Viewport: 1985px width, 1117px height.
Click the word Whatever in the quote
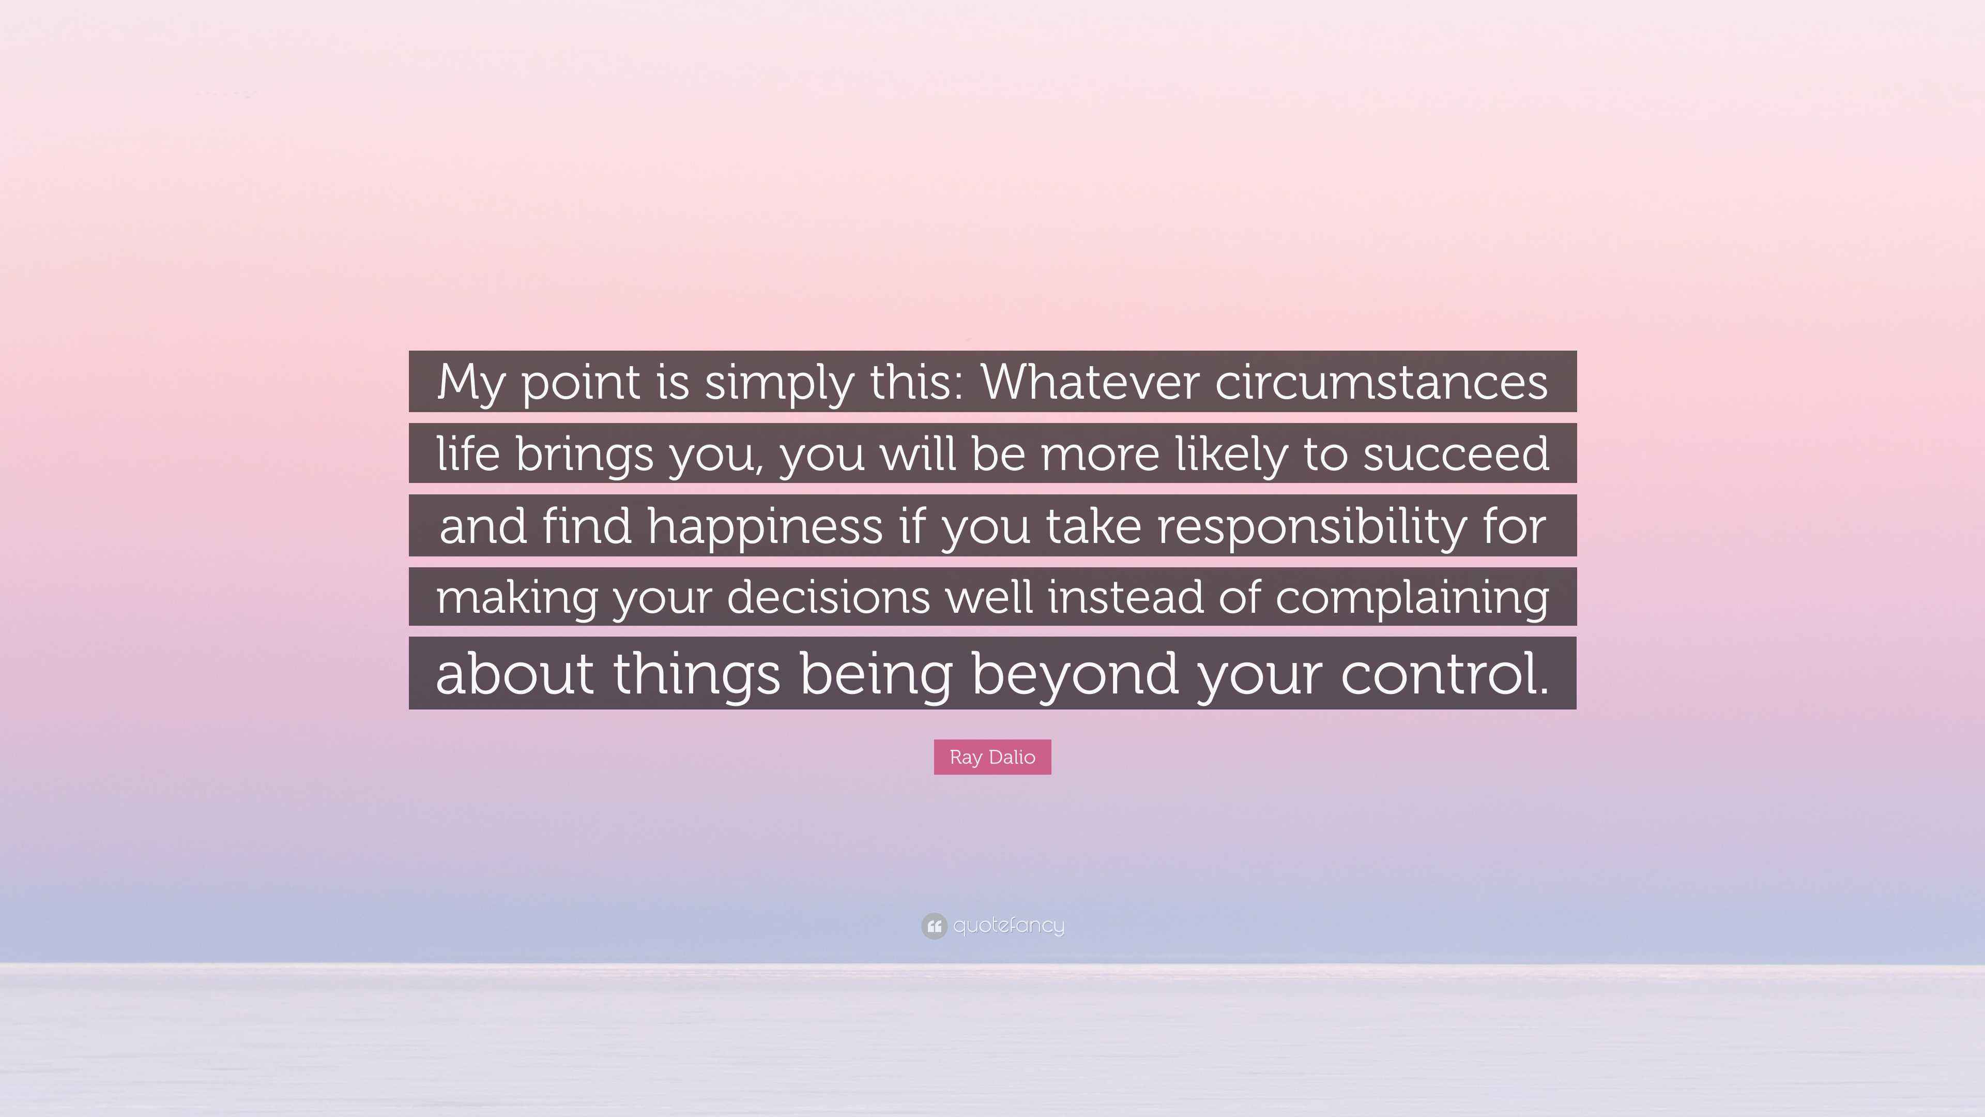pyautogui.click(x=1090, y=382)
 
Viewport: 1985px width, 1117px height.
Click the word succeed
pyautogui.click(x=1456, y=454)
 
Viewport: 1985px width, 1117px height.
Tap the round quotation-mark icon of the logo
pyautogui.click(x=934, y=926)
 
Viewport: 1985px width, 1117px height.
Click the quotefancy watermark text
pyautogui.click(x=1009, y=925)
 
